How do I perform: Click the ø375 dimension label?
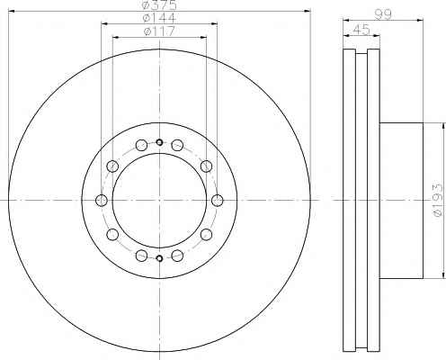(x=159, y=4)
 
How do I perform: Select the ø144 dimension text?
(x=159, y=18)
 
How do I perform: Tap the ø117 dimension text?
(x=159, y=31)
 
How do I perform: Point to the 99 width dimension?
(x=383, y=14)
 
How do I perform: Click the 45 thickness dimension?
(x=361, y=30)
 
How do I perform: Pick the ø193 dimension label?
(x=438, y=200)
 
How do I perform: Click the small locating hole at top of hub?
(x=159, y=142)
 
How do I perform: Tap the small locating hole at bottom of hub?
(x=159, y=258)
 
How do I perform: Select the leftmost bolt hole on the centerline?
(x=102, y=200)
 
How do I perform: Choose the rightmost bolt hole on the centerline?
(x=218, y=200)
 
